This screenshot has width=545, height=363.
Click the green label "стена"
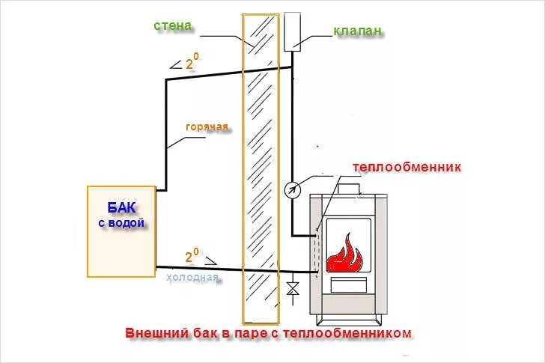173,26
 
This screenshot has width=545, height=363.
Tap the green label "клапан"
357,31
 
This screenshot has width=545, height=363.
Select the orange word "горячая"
207,126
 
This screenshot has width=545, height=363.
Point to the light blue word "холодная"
192,278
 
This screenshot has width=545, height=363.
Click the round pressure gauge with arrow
292,189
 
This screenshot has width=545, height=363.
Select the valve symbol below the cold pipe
293,287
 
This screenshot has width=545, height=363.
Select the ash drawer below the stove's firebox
349,284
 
